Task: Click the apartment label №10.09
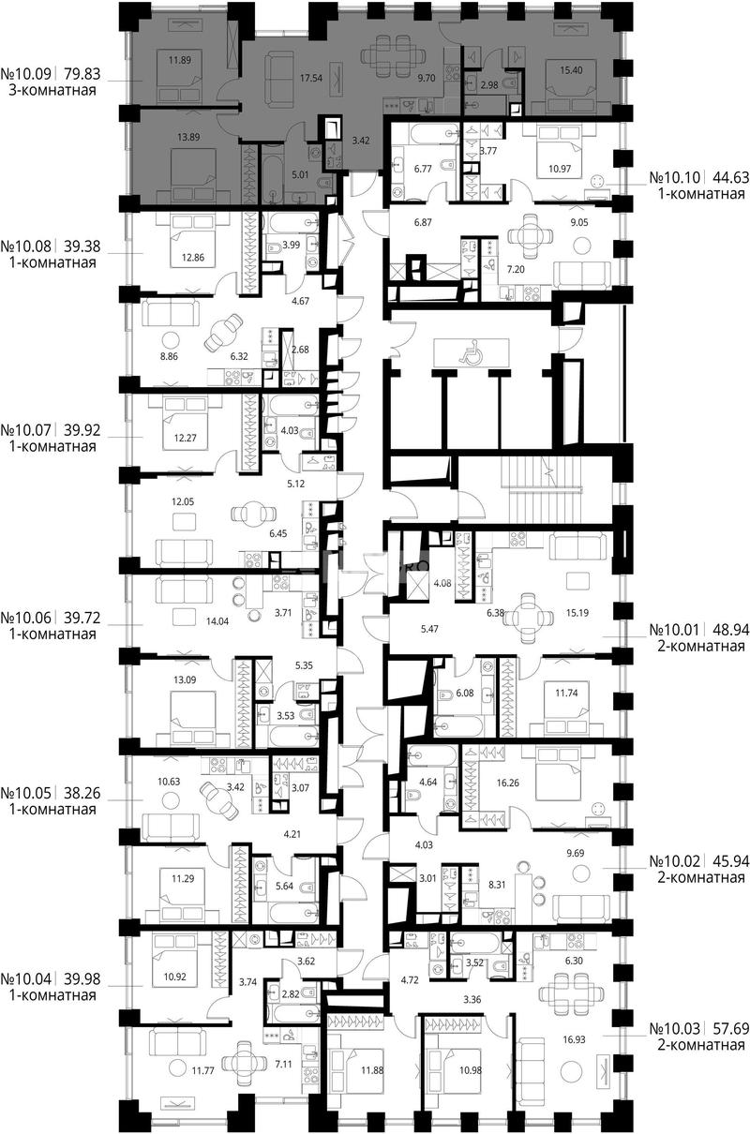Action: point(26,74)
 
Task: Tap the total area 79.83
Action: point(82,74)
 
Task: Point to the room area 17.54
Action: point(311,79)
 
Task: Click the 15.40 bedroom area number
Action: point(571,70)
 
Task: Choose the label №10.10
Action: point(675,178)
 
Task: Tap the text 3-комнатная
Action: point(52,91)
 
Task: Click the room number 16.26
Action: point(508,783)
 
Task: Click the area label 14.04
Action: point(217,621)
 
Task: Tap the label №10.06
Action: point(26,618)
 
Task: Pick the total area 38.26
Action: point(82,793)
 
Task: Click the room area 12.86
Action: point(193,257)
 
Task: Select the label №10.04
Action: point(26,979)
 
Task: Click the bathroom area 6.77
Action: point(423,169)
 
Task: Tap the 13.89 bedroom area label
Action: point(188,137)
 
